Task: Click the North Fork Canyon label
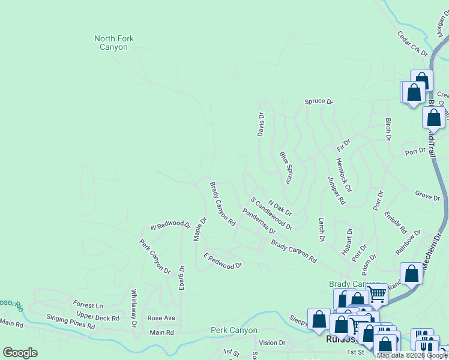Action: pyautogui.click(x=114, y=43)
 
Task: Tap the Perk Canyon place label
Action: pyautogui.click(x=234, y=330)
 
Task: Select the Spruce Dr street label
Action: pyautogui.click(x=318, y=101)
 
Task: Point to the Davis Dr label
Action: pyautogui.click(x=261, y=124)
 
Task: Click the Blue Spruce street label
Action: pyautogui.click(x=286, y=167)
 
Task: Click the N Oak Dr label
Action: pyautogui.click(x=280, y=208)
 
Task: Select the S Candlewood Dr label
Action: pyautogui.click(x=271, y=214)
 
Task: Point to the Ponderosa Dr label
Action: pyautogui.click(x=259, y=221)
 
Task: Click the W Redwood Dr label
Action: pyautogui.click(x=170, y=227)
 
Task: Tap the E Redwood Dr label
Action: pyautogui.click(x=222, y=261)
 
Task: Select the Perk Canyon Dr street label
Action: pyautogui.click(x=155, y=256)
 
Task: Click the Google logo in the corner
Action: pyautogui.click(x=20, y=353)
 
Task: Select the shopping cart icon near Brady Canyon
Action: pyautogui.click(x=377, y=294)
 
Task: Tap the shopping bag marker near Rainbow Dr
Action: pyautogui.click(x=412, y=273)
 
